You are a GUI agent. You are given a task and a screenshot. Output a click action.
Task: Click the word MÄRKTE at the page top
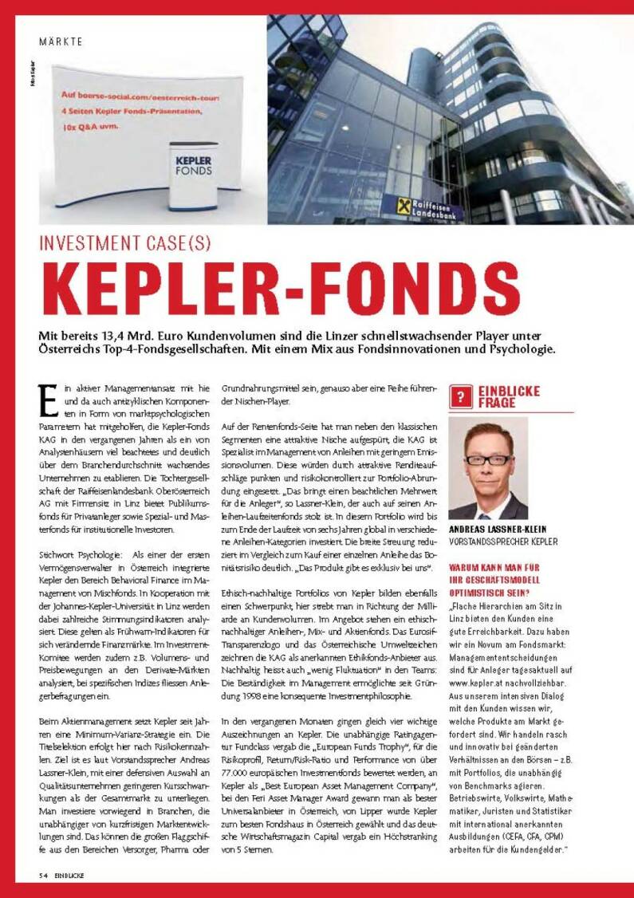coord(61,41)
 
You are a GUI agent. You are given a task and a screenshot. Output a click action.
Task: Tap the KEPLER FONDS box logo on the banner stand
coord(194,164)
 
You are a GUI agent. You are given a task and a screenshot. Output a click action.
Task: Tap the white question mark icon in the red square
coord(459,396)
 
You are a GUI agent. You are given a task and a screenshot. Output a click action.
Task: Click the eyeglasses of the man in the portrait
coord(487,459)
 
